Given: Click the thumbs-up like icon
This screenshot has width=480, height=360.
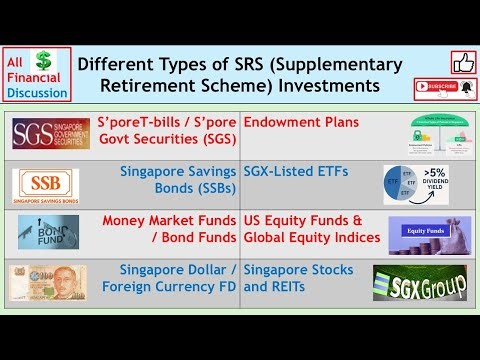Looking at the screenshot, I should coord(463,62).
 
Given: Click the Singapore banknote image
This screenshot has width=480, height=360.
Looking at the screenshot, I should coord(48,282).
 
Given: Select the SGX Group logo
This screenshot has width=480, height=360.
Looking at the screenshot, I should coord(419,283).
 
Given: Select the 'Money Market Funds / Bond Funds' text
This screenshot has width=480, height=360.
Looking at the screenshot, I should coord(169,229).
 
